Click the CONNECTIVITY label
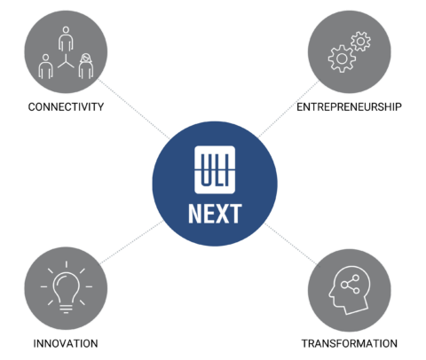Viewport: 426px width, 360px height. pos(66,106)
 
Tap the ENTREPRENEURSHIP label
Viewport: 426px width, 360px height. pos(349,106)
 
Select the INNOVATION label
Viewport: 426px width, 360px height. pos(66,343)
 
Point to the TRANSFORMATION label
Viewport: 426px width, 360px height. pos(350,343)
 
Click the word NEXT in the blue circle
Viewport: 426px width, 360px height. pos(215,214)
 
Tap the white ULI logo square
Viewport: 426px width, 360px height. pos(215,169)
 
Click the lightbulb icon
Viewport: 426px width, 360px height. pos(67,287)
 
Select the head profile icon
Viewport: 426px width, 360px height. pos(349,290)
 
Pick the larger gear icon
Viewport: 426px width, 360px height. pos(342,59)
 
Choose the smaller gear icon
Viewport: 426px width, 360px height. pos(360,41)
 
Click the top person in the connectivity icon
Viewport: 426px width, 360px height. pos(66,39)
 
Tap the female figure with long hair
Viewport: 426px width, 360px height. pos(86,66)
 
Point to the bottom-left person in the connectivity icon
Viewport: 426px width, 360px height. pos(45,67)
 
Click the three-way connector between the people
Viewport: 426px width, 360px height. pos(66,61)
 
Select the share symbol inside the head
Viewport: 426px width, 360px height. pos(351,284)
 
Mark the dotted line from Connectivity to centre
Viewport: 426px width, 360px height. pos(134,108)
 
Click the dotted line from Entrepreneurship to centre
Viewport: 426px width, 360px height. pos(288,109)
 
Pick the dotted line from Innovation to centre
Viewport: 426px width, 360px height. pos(132,242)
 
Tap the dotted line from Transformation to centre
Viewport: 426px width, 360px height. pos(291,244)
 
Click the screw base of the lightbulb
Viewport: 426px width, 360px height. pos(67,309)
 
